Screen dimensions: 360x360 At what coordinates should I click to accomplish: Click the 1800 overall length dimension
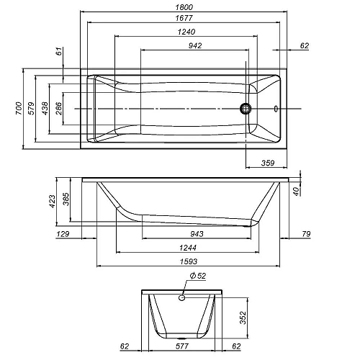click(184, 7)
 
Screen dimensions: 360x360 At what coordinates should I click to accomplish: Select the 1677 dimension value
click(184, 18)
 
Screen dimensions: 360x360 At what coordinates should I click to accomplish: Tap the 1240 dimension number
click(186, 32)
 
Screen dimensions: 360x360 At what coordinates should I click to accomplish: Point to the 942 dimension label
click(195, 45)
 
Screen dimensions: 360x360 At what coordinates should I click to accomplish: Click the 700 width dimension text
click(19, 108)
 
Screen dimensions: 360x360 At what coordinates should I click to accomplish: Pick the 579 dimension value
click(32, 108)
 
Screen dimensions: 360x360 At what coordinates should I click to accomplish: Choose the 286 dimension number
click(58, 108)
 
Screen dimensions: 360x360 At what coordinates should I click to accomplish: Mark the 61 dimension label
click(59, 51)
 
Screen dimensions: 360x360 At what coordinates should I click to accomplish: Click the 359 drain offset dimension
click(268, 163)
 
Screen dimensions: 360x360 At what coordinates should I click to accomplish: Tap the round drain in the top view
click(246, 109)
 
